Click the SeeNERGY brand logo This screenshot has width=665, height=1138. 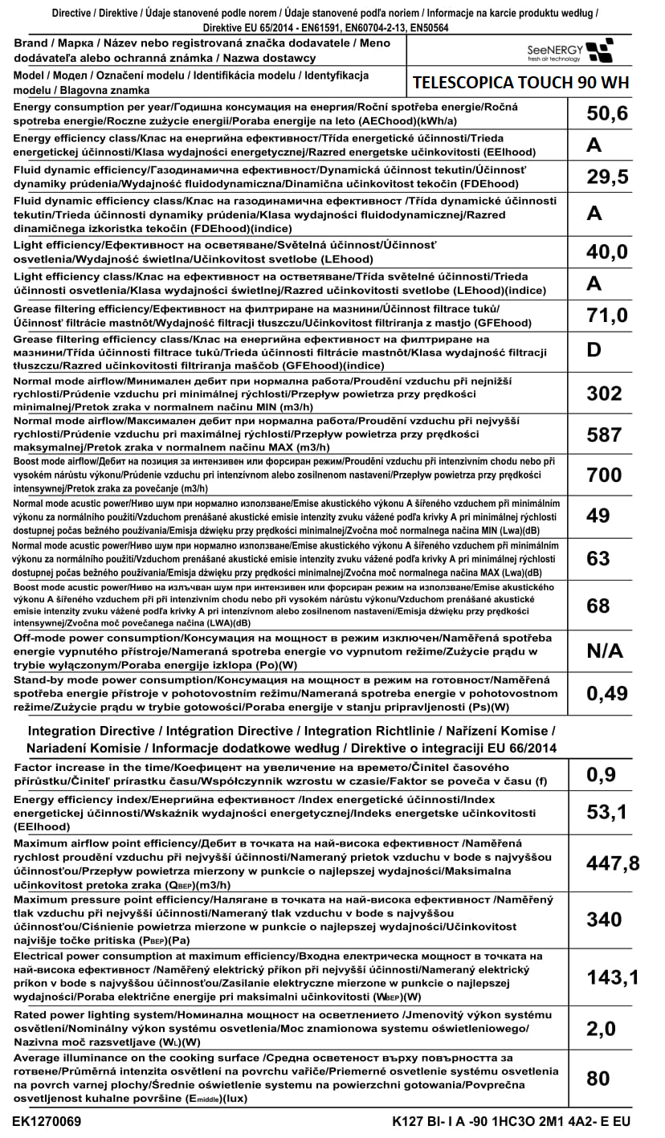(567, 51)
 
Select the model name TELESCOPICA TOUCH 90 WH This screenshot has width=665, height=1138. (520, 83)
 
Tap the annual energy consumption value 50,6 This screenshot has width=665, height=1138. (606, 114)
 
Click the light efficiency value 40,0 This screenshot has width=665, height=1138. (606, 251)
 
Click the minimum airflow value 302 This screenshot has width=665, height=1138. (604, 393)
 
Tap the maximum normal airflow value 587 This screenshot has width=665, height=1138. (604, 434)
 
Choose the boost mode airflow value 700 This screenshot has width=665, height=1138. (604, 475)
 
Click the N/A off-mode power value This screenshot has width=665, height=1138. (605, 651)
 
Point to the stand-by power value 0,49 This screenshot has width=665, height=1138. (606, 693)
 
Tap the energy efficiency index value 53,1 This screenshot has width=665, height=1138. (606, 813)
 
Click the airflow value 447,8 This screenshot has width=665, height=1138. (613, 863)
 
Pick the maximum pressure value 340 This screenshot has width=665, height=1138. (604, 920)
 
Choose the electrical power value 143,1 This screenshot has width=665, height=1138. (613, 977)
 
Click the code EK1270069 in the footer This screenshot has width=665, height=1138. (47, 1120)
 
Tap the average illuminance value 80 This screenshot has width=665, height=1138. (598, 1078)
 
